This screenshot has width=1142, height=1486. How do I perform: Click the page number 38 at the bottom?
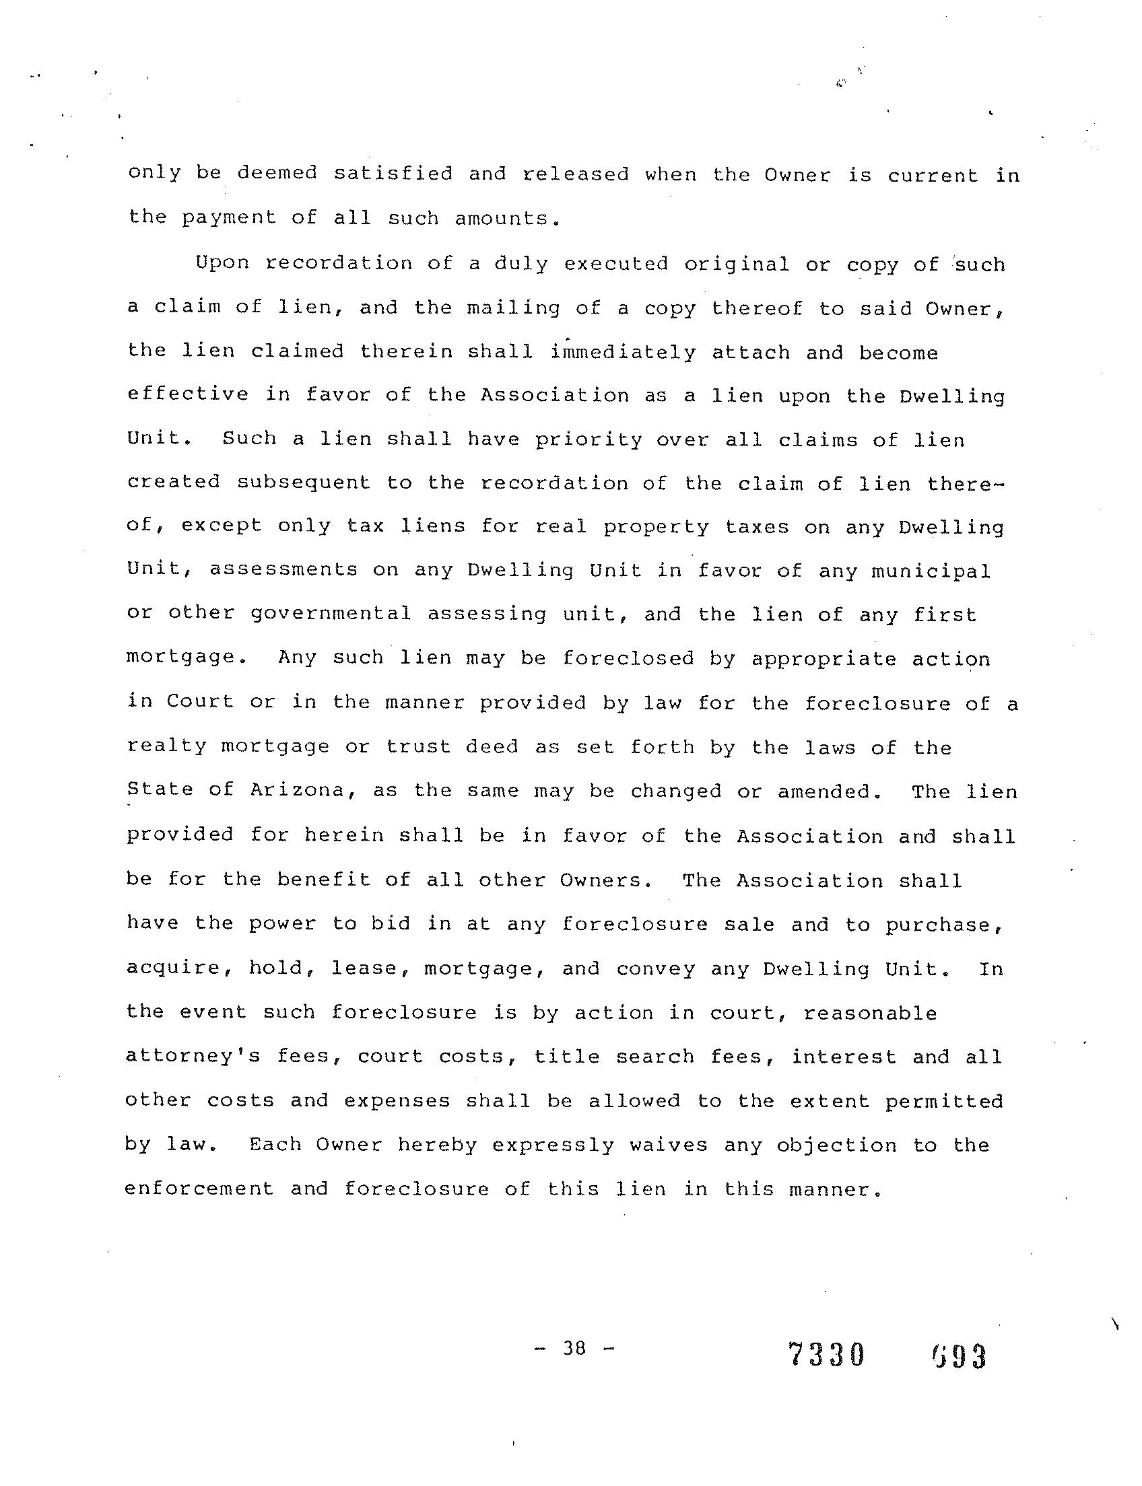tap(574, 1348)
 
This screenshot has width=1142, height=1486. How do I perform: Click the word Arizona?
tap(297, 790)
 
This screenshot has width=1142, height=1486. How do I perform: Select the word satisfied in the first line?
tap(393, 173)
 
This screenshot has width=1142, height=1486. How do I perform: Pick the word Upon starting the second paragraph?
tap(222, 262)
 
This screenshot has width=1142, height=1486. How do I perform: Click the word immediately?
tap(624, 352)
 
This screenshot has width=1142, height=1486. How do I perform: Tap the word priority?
tap(588, 439)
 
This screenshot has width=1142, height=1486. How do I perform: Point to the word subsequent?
tap(304, 483)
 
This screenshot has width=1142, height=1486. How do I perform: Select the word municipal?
tap(931, 570)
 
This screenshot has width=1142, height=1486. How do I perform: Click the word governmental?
tap(331, 614)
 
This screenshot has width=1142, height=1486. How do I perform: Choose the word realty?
tap(166, 746)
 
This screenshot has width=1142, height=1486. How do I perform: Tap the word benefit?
tap(323, 879)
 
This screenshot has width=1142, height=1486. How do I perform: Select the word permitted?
tap(944, 1100)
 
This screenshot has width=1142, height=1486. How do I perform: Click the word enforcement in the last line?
tap(199, 1189)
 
